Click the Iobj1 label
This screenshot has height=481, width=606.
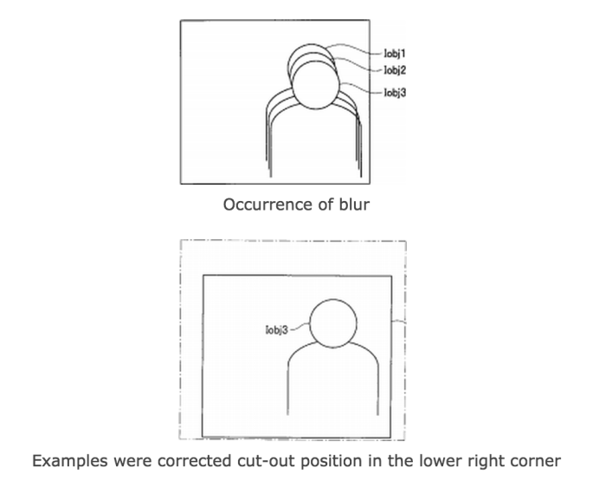(395, 54)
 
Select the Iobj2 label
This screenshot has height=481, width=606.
(395, 70)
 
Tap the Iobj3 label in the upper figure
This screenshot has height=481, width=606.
(395, 93)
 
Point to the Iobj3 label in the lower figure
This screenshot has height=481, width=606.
(277, 330)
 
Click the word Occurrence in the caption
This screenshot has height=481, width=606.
(268, 205)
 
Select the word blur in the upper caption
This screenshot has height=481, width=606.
(354, 205)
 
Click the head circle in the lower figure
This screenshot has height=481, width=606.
(333, 299)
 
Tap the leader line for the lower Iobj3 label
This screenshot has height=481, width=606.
(300, 328)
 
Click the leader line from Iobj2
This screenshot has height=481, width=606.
(358, 64)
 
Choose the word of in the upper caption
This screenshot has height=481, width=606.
(326, 205)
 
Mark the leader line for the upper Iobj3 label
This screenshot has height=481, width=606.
(361, 88)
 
